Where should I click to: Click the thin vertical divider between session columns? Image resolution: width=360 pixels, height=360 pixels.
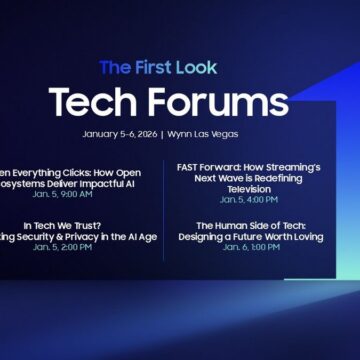(165, 209)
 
